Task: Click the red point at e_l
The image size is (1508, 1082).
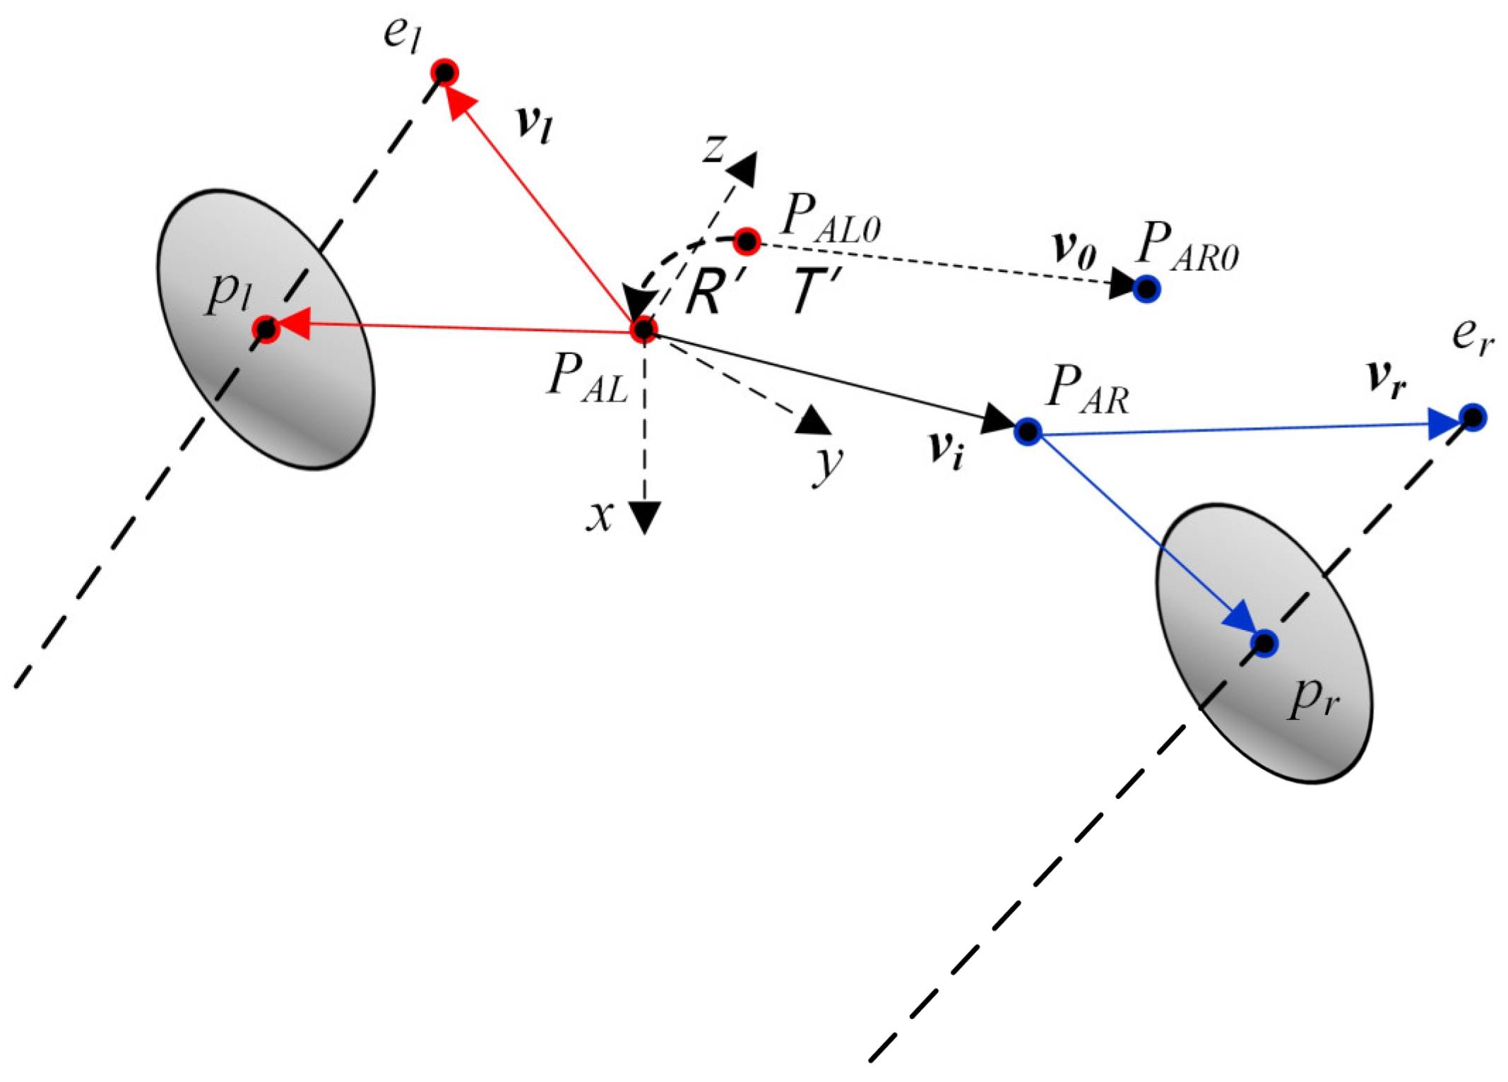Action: pyautogui.click(x=445, y=72)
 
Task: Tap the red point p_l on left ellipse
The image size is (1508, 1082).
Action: pyautogui.click(x=266, y=329)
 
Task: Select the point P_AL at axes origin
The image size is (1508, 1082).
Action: pyautogui.click(x=644, y=329)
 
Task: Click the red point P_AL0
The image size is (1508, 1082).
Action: pyautogui.click(x=747, y=242)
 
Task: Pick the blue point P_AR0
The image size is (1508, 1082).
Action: pyautogui.click(x=1147, y=289)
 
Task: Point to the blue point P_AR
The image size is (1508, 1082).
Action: pyautogui.click(x=1028, y=431)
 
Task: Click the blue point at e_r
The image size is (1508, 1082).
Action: pyautogui.click(x=1473, y=418)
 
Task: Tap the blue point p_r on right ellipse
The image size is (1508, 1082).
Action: pyautogui.click(x=1264, y=643)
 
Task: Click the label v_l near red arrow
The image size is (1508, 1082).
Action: pyautogui.click(x=534, y=124)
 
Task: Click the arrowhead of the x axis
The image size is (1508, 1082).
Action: pyautogui.click(x=645, y=517)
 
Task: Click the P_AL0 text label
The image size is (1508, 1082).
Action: pyautogui.click(x=830, y=218)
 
